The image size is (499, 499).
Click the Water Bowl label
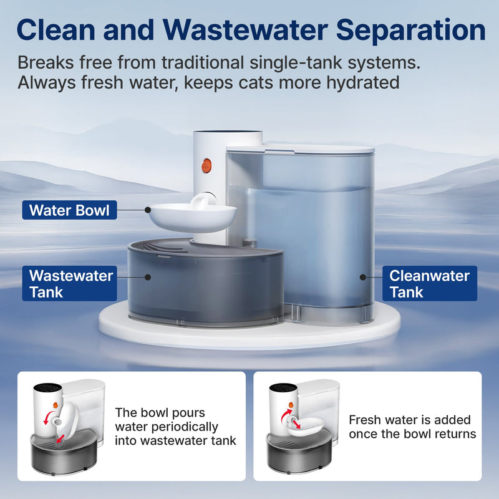click(69, 210)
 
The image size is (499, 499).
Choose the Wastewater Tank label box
click(70, 283)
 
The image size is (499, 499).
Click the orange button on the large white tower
click(206, 166)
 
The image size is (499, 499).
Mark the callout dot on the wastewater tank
click(148, 275)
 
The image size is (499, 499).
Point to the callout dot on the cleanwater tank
click(361, 275)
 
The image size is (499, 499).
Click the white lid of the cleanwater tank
click(299, 150)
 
